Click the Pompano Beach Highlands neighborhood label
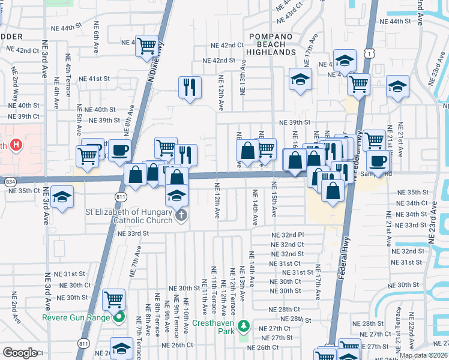point(272,44)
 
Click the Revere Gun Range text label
point(76,317)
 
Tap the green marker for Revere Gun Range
point(119,317)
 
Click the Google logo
point(20,353)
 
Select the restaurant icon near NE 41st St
point(190,87)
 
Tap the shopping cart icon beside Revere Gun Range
point(113,299)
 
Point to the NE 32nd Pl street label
point(288,235)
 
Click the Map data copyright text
point(423,355)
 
